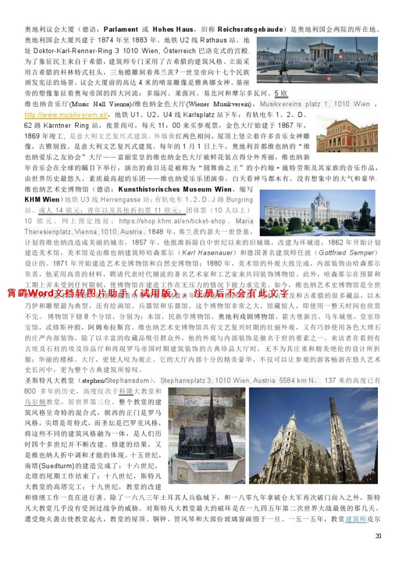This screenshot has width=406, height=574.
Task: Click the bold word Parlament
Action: [122, 29]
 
